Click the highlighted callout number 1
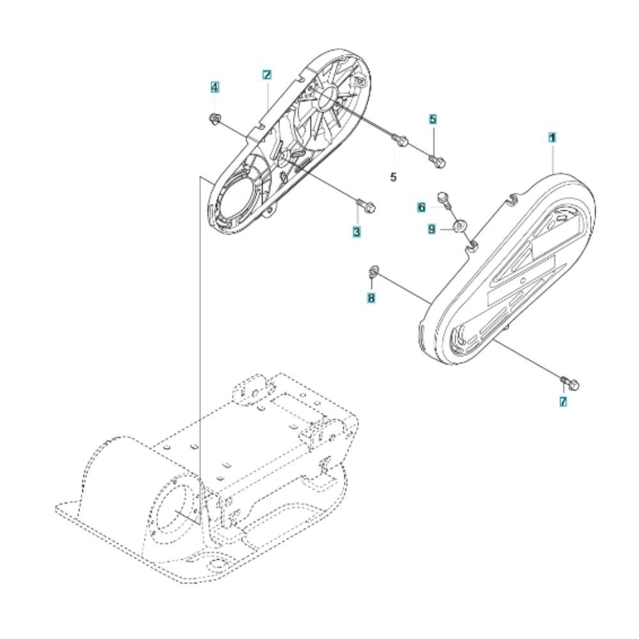[x=552, y=138]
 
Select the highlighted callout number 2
[x=267, y=75]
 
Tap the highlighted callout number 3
[x=357, y=233]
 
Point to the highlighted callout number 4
[x=214, y=87]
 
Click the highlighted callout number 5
[x=433, y=119]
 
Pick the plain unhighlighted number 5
[x=393, y=177]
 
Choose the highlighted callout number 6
[x=421, y=208]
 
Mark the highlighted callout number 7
[x=563, y=402]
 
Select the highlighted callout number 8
[x=371, y=298]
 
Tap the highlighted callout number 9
[x=431, y=229]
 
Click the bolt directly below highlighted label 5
[x=438, y=160]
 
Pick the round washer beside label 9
[x=461, y=226]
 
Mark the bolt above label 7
[x=571, y=383]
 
